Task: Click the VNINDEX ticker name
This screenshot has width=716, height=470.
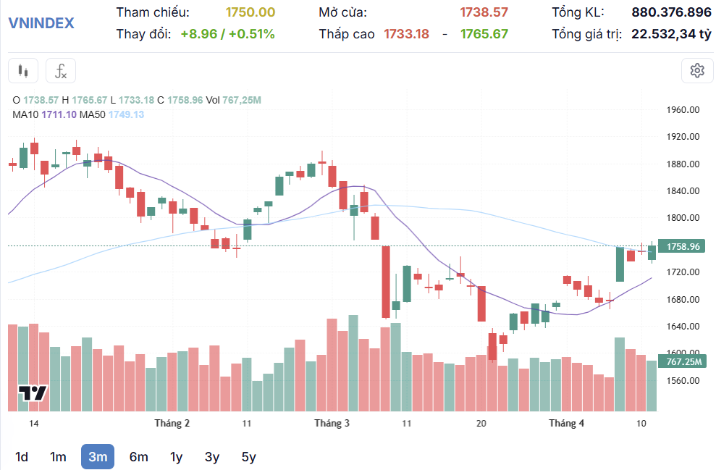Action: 41,22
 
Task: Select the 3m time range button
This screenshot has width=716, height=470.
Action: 98,457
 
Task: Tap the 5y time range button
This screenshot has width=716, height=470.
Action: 248,457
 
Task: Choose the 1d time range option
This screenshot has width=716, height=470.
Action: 22,457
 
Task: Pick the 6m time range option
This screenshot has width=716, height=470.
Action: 138,457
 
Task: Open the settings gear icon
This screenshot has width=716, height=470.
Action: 697,70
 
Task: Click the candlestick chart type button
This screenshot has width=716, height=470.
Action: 23,71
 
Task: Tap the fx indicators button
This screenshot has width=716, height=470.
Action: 61,71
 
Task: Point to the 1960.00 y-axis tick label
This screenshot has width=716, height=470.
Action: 683,110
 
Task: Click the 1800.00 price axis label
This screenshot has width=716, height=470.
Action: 683,218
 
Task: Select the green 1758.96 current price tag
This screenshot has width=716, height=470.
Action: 683,246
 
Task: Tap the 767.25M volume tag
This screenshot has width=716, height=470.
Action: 683,361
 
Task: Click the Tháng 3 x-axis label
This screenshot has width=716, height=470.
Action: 332,423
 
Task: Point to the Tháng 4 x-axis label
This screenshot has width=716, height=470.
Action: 566,423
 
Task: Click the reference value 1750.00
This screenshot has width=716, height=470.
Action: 250,12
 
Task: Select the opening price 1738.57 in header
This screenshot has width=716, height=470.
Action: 484,12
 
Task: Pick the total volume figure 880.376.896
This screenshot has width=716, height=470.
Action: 671,12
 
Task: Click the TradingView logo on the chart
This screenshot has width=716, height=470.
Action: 33,394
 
